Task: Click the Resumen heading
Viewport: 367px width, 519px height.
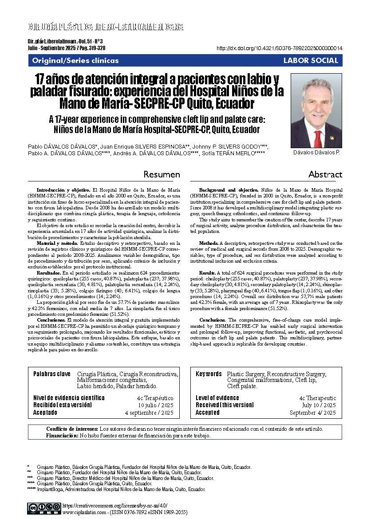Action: click(162, 174)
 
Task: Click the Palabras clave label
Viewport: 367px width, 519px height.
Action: click(52, 374)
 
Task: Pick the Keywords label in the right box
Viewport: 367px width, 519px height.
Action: click(209, 374)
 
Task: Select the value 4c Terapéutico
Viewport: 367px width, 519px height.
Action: click(155, 398)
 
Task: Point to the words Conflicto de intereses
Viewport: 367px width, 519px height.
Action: click(72, 429)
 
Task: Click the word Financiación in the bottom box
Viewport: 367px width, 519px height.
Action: click(62, 436)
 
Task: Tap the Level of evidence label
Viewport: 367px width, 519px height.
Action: click(217, 398)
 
